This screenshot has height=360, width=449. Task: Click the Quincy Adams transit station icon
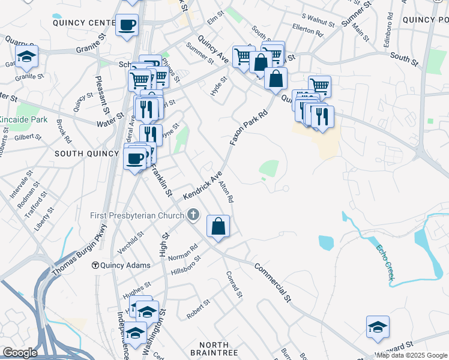point(95,265)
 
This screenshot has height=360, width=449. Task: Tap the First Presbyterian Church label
point(138,215)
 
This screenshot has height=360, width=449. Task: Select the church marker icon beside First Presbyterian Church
point(193,214)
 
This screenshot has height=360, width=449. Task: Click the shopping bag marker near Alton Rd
point(218,227)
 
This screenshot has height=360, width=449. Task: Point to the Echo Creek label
point(385,262)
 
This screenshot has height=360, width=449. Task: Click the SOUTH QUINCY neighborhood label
point(87,154)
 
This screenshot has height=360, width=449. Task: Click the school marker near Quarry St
point(26,56)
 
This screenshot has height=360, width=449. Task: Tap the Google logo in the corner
point(20,352)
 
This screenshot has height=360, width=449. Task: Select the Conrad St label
point(234,284)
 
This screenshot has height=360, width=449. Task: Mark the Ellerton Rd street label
point(308,31)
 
